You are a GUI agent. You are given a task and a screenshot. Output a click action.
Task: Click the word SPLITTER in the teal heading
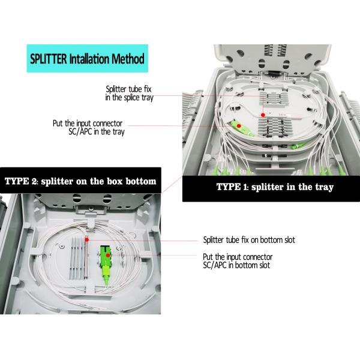tap(49, 59)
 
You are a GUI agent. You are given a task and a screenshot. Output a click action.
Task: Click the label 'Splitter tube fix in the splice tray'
tap(129, 93)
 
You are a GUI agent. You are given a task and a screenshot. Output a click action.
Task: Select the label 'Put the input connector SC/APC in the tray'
tap(89, 127)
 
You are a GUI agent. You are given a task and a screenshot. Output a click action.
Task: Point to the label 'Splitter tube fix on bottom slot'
tap(249, 240)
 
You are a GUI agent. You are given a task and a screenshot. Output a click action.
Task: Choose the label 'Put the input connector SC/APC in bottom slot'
tap(238, 261)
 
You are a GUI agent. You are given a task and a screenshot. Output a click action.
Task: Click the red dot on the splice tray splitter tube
tap(263, 115)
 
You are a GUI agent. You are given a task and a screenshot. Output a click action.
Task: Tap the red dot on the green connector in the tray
tap(239, 126)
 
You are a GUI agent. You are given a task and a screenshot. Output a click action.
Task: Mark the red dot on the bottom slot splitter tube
tap(86, 239)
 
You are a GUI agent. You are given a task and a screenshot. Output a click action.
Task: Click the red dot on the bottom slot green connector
tap(107, 255)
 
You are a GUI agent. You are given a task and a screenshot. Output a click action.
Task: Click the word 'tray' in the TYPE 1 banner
tap(325, 187)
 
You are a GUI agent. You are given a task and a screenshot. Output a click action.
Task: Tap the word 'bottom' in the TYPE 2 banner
tap(141, 181)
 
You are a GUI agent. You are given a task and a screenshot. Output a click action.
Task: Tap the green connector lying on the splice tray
tap(241, 128)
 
